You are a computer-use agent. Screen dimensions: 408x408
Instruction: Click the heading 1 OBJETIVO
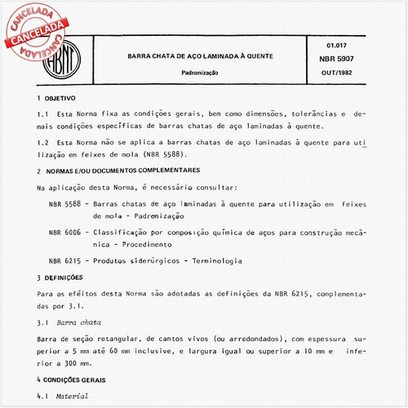pos(63,98)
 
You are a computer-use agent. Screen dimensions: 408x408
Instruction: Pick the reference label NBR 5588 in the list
pos(64,204)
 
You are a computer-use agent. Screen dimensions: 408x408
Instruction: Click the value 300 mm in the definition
pos(70,360)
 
